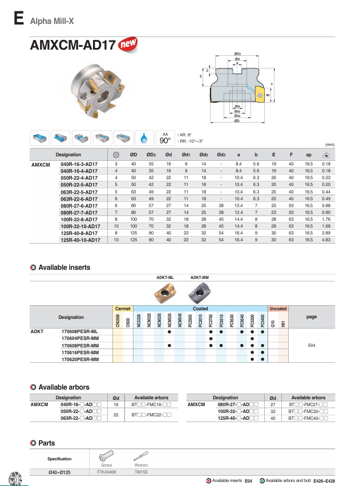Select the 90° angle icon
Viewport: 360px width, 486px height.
(165, 138)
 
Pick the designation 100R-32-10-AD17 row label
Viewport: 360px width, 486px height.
(80, 226)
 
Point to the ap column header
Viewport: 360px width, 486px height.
(309, 155)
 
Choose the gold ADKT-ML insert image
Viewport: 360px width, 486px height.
(165, 292)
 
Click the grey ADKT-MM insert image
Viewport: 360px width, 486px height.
(199, 291)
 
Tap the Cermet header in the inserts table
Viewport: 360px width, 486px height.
(123, 309)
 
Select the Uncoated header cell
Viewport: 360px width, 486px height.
(278, 309)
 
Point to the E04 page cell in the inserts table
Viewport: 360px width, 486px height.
(312, 346)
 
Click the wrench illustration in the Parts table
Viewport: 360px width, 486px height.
(141, 456)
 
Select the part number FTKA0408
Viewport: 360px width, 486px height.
(106, 472)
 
